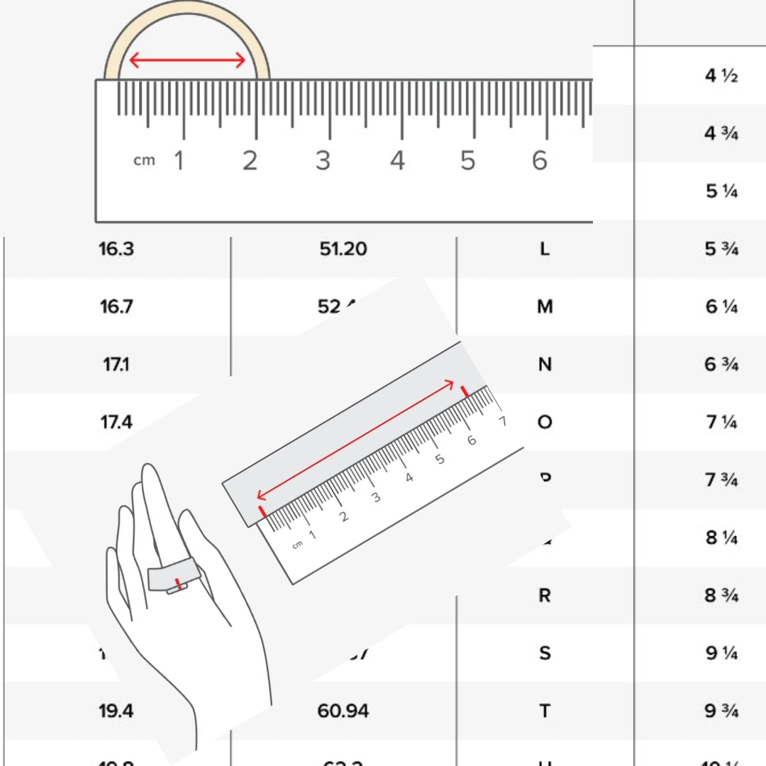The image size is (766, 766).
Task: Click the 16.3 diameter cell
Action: point(116,249)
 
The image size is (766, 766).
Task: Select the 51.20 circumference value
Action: point(343,249)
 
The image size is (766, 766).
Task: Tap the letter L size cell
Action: point(544,249)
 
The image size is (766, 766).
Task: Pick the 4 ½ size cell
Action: point(721,76)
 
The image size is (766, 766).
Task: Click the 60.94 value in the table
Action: point(343,710)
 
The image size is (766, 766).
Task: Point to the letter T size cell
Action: point(544,710)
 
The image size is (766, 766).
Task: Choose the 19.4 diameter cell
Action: point(116,710)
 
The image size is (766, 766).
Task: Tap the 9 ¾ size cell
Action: point(721,710)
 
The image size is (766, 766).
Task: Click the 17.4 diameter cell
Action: point(116,422)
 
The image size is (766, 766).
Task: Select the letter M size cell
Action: point(544,307)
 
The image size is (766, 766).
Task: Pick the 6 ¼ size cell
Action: point(721,307)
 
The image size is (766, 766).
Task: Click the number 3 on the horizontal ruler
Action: point(323,161)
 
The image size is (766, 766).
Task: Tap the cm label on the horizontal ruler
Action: point(144,160)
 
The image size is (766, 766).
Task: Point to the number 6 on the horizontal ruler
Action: point(540,161)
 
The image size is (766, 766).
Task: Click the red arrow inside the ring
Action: point(187,62)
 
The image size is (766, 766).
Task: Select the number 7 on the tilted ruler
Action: point(503,421)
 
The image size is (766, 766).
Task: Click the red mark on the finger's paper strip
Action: point(178,585)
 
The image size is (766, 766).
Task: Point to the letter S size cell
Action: point(544,653)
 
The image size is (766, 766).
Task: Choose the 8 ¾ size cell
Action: point(721,595)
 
